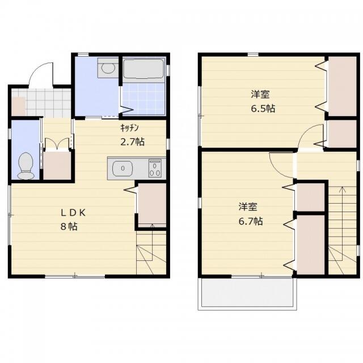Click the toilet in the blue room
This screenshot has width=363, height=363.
coord(26,166)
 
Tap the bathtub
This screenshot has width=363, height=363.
coord(143,69)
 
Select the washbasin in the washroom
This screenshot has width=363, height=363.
coord(108,68)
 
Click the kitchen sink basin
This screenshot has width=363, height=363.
coord(123,168)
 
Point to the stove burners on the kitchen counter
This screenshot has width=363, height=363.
coord(155,168)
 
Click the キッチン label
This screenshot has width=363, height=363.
coord(130,128)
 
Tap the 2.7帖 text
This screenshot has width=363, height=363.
coord(132,142)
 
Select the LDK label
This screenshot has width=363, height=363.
coord(73,213)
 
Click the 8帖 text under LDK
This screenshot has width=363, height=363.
coord(69,226)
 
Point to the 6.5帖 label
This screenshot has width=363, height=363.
coord(263,108)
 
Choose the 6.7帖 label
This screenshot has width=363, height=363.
coord(251,221)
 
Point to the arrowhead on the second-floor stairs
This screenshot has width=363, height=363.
coord(342,189)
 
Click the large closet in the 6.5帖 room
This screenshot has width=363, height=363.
coord(343,86)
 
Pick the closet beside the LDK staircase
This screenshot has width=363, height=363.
coord(152,204)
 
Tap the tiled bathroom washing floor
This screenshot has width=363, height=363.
coord(143,99)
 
